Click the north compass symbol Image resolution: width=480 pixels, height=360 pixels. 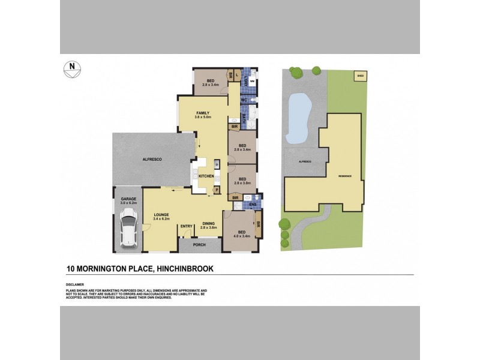[72, 69]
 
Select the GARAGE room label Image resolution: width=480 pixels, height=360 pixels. [128, 199]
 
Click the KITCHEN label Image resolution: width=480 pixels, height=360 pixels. [206, 176]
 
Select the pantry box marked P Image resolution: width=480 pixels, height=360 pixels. [217, 190]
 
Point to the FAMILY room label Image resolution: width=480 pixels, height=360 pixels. [203, 113]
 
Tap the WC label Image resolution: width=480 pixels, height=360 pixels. [244, 100]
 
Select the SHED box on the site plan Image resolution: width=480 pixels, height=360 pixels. [361, 76]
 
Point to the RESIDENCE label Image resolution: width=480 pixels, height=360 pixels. [344, 176]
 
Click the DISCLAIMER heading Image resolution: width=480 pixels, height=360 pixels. [75, 284]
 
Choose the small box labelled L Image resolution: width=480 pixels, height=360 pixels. [238, 74]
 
